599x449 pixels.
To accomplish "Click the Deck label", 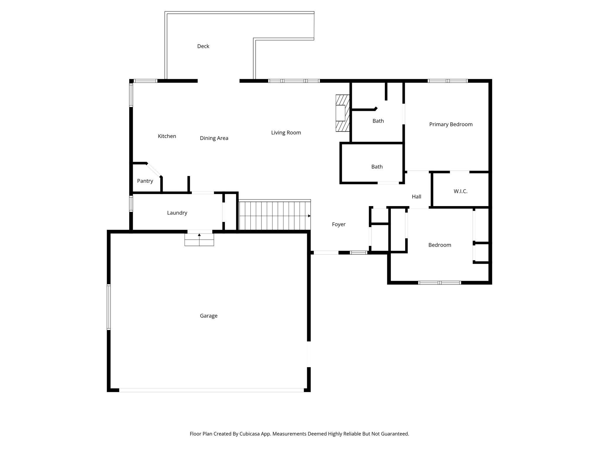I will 203,46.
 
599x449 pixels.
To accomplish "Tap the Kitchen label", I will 167,136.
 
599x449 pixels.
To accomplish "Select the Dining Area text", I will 214,138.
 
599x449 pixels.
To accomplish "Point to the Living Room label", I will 286,133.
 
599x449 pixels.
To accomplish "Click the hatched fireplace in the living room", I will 342,113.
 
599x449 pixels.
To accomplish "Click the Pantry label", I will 145,181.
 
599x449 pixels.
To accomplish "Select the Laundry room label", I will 177,213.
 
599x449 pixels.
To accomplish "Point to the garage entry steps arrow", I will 199,235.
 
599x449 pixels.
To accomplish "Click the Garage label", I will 209,316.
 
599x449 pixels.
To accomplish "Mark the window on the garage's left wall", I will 109,307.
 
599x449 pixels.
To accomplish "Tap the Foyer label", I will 338,224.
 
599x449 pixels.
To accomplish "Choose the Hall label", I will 416,197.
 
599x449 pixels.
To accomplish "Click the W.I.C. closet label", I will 460,191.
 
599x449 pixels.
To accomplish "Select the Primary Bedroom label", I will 450,125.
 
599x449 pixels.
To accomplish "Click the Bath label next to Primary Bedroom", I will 378,121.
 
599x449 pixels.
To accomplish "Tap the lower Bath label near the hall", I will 377,167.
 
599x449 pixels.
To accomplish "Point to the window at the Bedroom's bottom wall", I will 439,283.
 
